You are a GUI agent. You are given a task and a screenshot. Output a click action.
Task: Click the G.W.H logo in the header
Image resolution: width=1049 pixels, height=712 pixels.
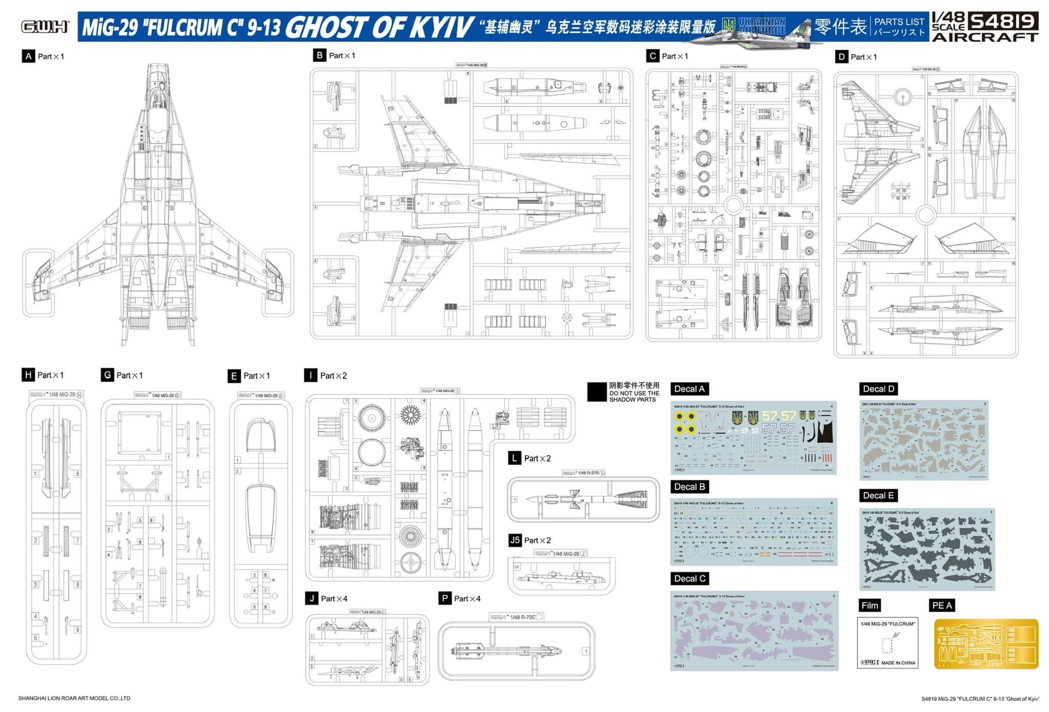coord(45,27)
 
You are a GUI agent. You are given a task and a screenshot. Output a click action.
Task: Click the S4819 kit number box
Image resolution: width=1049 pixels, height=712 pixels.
coord(1002,21)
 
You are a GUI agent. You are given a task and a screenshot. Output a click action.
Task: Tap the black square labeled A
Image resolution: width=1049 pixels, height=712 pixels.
coord(28,56)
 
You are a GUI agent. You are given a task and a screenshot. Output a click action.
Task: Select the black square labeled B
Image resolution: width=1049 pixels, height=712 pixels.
coord(319,55)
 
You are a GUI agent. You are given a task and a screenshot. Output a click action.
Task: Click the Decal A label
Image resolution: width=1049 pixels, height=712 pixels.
coord(689,389)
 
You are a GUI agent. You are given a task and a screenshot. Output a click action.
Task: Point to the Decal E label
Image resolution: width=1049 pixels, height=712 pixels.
coord(878,495)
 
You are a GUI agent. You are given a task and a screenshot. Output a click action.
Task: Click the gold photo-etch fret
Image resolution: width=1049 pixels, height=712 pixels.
coord(985,644)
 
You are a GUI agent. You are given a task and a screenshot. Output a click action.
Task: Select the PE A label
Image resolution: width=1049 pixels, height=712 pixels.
coord(941,605)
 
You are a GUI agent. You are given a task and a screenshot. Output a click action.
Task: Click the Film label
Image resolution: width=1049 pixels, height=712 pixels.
coord(869,605)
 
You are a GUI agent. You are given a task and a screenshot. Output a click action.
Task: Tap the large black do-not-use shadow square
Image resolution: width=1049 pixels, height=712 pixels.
coord(597,392)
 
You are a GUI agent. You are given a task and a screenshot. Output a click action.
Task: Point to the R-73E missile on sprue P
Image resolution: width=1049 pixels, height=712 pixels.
coord(507,651)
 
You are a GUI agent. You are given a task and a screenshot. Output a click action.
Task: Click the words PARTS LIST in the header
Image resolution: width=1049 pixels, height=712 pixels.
coord(899,22)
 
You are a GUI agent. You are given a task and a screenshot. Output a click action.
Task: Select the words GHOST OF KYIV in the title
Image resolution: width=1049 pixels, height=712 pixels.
coord(379,27)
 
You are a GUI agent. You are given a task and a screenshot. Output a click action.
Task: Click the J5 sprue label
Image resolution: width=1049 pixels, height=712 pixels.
coord(515,540)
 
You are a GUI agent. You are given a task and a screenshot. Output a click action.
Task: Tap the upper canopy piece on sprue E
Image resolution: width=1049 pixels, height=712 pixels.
coord(261,435)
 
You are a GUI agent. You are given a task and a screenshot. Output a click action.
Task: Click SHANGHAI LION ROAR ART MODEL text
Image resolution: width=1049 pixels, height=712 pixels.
coord(74,698)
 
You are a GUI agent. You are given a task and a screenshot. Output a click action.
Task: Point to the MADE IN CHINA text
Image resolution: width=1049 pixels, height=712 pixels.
coord(898,663)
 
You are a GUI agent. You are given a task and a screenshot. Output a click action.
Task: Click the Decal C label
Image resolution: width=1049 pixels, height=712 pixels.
coord(689,578)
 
